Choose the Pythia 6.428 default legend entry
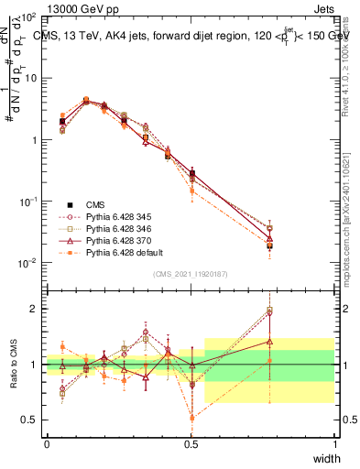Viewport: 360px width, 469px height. tap(115, 252)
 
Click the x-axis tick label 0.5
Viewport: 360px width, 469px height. tap(191, 443)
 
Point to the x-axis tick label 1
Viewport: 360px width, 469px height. tap(334, 443)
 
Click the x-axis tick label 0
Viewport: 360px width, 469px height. tap(47, 443)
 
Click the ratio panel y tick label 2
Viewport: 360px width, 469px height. tap(35, 309)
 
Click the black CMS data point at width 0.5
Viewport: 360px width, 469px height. tap(191, 173)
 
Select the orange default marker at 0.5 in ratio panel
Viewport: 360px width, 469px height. tap(191, 419)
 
